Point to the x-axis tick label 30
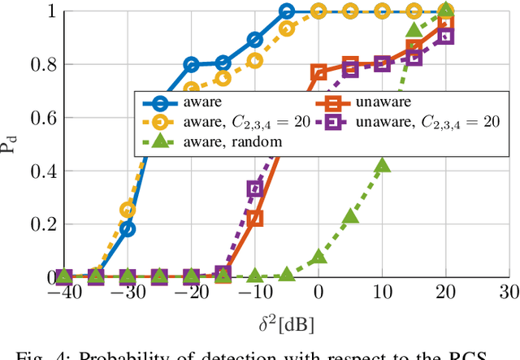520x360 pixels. (x=509, y=293)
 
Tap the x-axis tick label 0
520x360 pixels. (x=318, y=293)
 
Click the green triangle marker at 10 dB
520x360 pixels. (x=382, y=165)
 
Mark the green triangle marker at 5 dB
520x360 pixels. (x=350, y=216)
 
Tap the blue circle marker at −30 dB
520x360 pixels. (x=128, y=229)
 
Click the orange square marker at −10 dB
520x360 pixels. (x=255, y=218)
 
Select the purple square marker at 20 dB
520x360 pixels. (x=445, y=37)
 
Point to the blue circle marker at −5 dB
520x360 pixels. (x=287, y=11)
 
